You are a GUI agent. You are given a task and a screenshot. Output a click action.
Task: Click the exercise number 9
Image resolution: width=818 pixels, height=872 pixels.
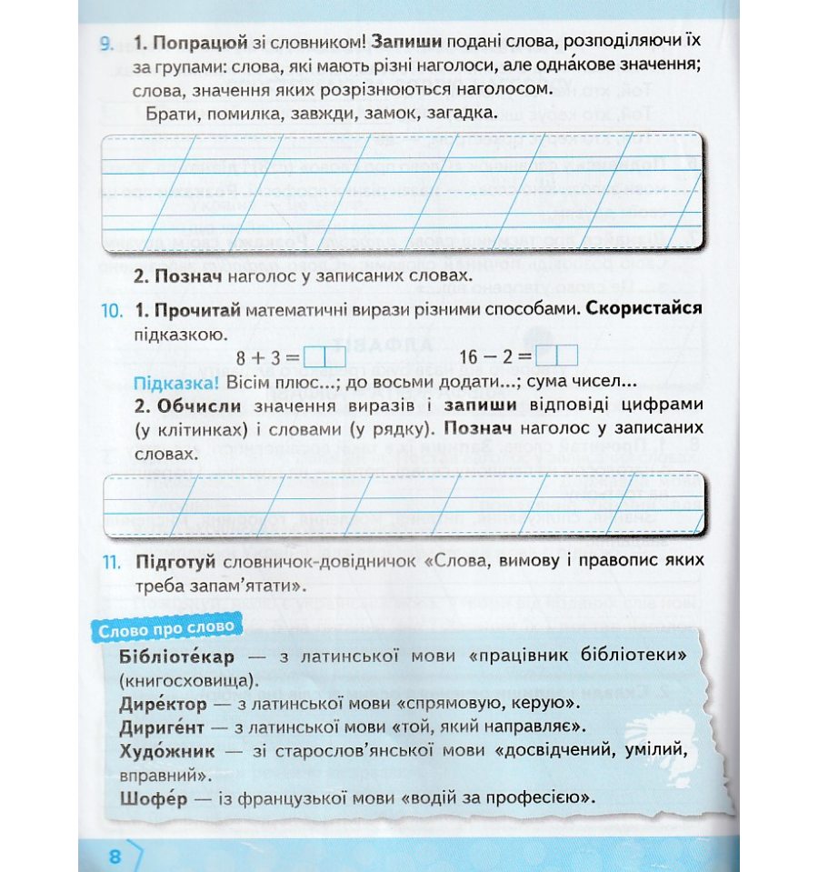(106, 43)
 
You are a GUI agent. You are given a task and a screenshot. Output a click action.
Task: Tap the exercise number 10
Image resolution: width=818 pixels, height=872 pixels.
(109, 310)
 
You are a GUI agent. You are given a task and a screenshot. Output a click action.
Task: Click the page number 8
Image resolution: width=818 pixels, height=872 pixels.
(115, 857)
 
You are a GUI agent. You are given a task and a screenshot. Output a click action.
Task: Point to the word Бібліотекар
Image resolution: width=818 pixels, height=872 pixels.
(176, 657)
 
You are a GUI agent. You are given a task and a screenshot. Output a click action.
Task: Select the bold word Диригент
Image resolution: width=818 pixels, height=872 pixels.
(166, 727)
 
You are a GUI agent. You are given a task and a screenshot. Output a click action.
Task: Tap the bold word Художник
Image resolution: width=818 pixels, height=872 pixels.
(167, 752)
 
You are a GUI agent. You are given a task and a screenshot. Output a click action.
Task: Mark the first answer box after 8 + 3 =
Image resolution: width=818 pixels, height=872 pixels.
(314, 356)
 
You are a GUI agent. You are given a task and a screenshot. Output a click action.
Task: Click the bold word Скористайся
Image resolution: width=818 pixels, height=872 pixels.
(644, 309)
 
